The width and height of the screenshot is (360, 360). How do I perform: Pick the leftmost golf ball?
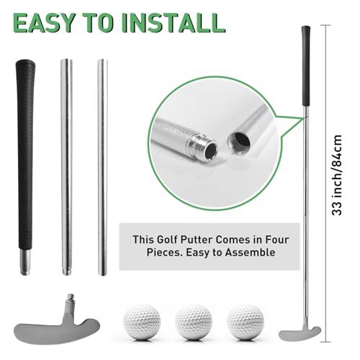[x=143, y=317]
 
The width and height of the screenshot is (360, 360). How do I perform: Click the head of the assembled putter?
[x=296, y=333]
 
